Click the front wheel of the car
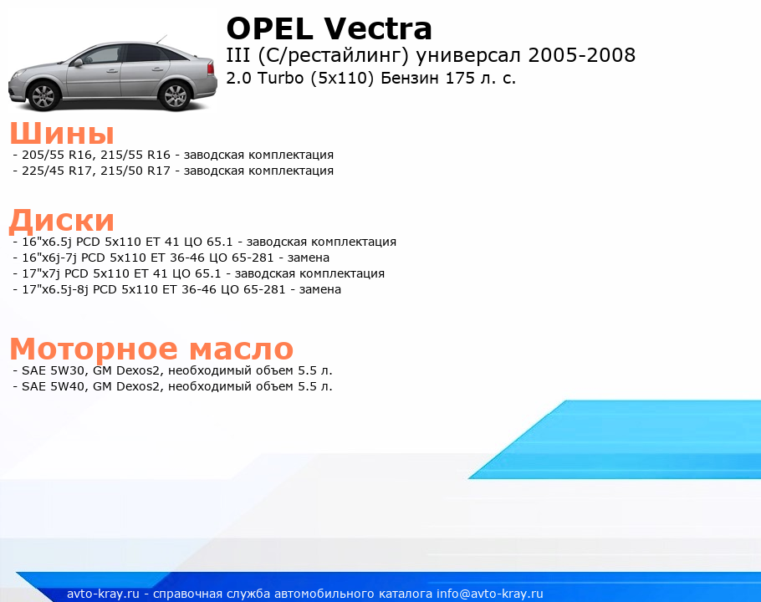pos(45,94)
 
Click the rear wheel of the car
pos(176,95)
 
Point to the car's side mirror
pos(78,62)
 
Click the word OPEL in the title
pos(269,28)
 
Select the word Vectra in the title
pos(378,28)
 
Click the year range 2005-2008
pos(582,55)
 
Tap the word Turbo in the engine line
pos(280,78)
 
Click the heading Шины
pos(62,133)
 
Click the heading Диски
pos(62,221)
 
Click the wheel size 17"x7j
pos(41,273)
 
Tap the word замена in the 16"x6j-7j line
pos(309,258)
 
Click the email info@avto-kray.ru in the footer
pos(490,594)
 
